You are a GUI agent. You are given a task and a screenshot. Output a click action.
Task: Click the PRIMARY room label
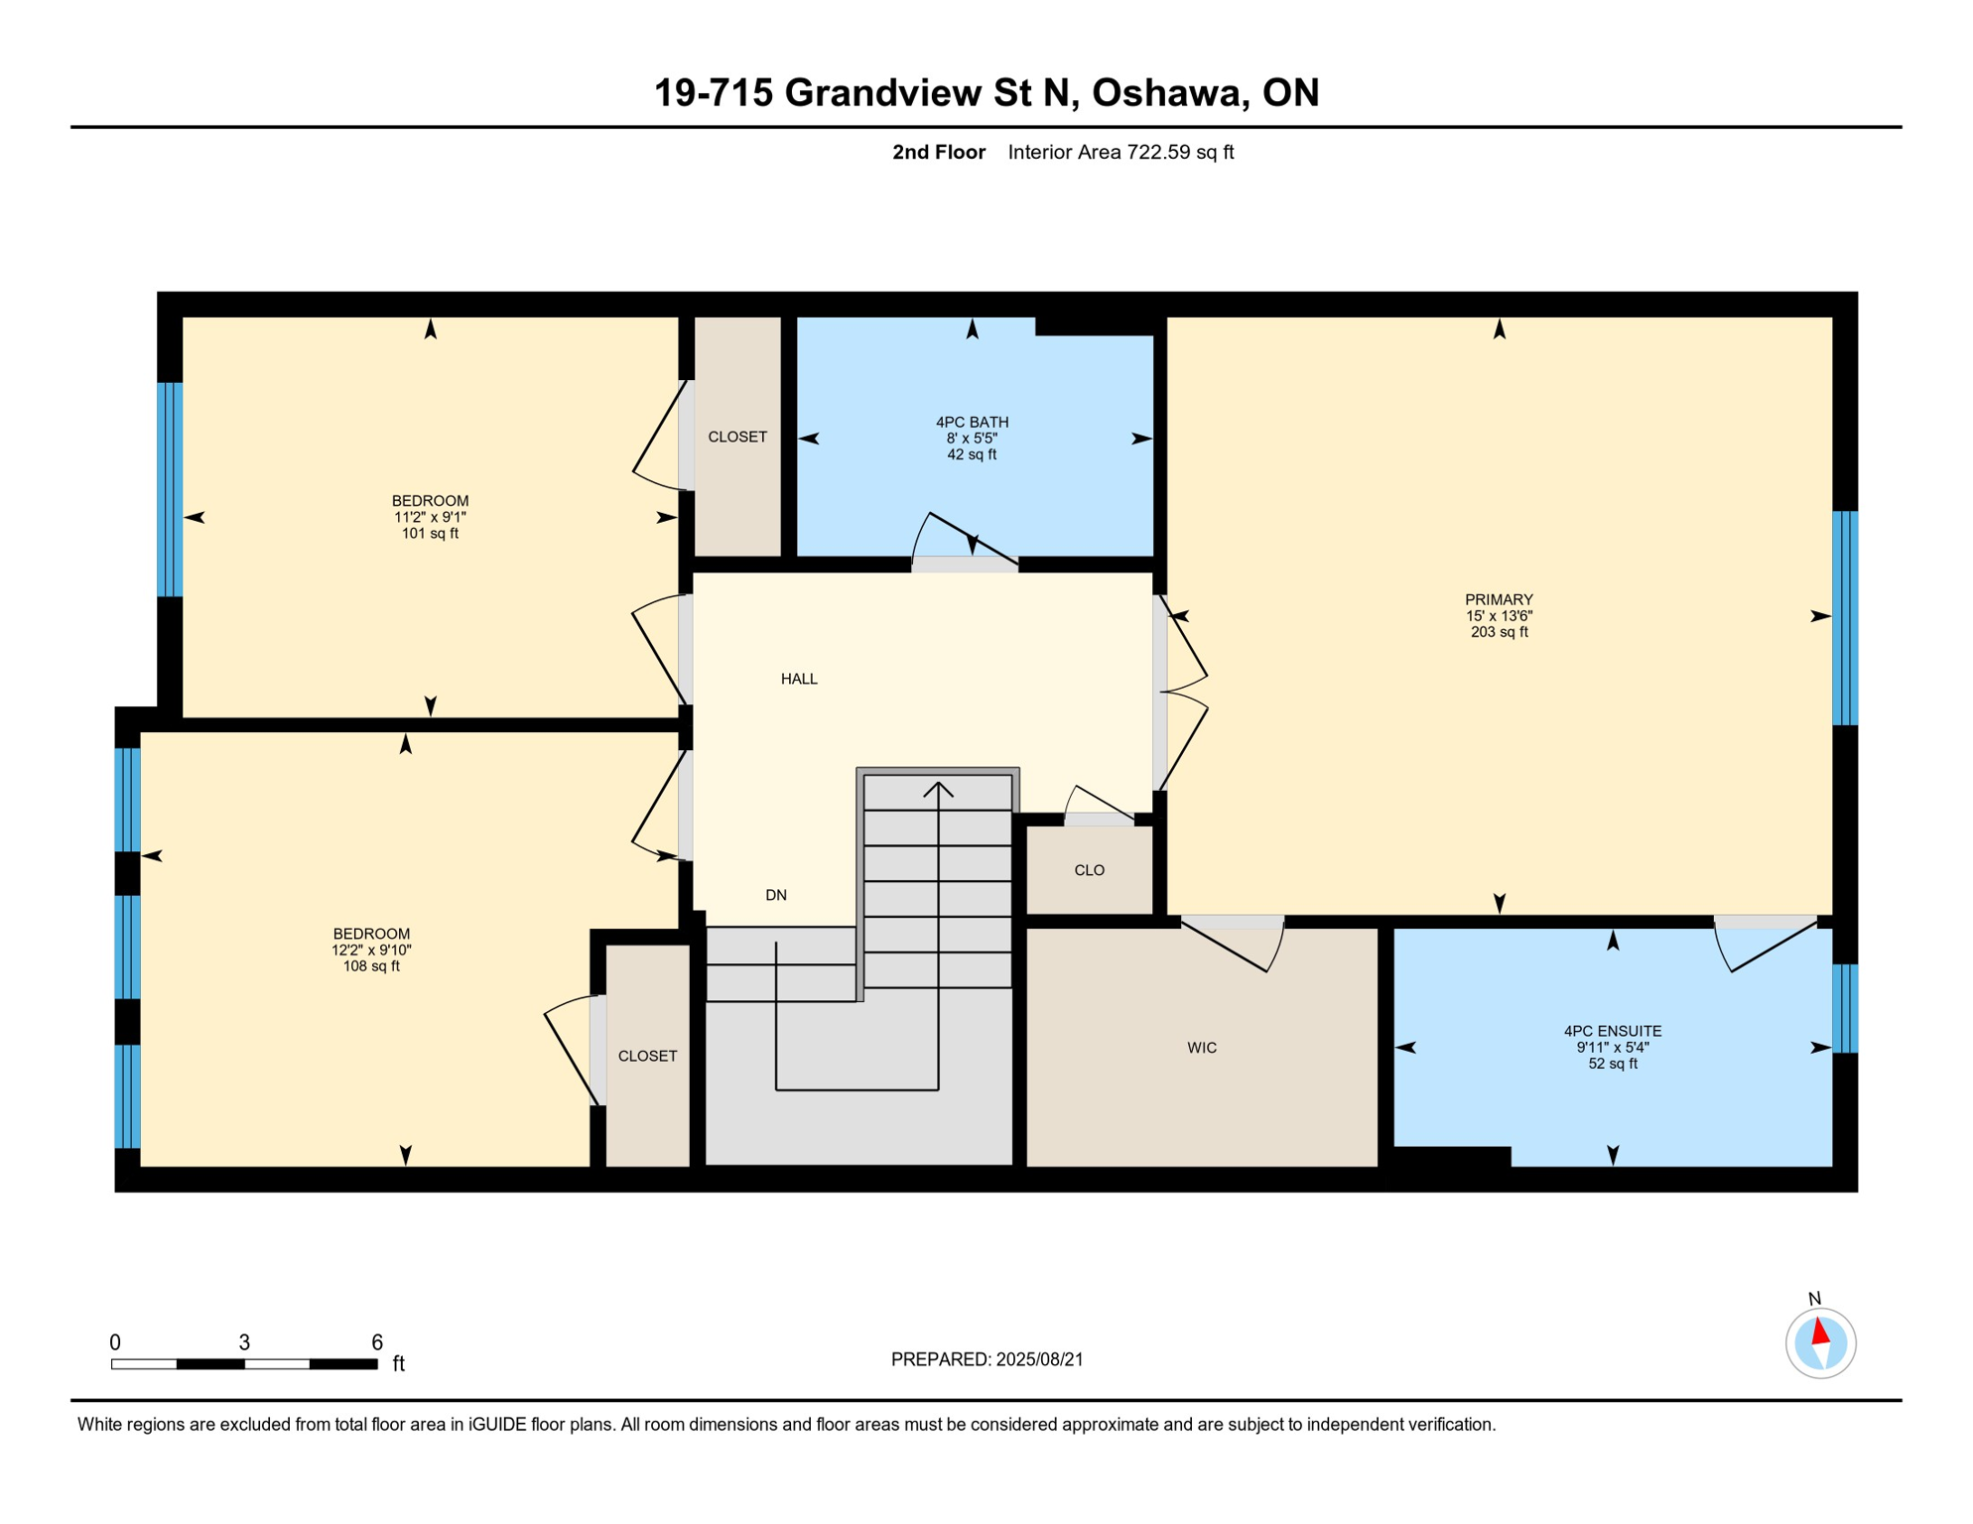pyautogui.click(x=1499, y=599)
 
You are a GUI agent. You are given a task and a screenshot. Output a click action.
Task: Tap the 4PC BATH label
pyautogui.click(x=972, y=422)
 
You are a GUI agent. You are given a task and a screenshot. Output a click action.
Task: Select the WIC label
pyautogui.click(x=1202, y=1048)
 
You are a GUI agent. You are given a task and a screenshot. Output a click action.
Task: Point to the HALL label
pyautogui.click(x=799, y=679)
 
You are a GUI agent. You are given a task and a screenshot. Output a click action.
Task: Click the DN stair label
pyautogui.click(x=776, y=895)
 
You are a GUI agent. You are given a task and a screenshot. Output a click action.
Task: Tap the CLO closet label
pyautogui.click(x=1089, y=870)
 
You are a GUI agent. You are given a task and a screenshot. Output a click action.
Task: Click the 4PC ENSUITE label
pyautogui.click(x=1613, y=1031)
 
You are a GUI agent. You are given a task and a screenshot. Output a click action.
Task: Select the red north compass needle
pyautogui.click(x=1820, y=1331)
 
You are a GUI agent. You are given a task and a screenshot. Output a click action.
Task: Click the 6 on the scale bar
pyautogui.click(x=377, y=1342)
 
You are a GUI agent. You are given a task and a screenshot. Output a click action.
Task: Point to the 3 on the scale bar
pyautogui.click(x=244, y=1342)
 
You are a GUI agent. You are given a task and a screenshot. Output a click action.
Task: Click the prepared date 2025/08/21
pyautogui.click(x=1040, y=1359)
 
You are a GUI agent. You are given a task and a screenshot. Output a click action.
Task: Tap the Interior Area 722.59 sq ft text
pyautogui.click(x=1120, y=152)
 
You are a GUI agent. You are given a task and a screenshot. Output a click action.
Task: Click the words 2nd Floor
pyautogui.click(x=939, y=152)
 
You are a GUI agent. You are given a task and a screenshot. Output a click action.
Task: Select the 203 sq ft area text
pyautogui.click(x=1499, y=632)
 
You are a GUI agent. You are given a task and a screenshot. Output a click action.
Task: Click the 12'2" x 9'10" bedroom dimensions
pyautogui.click(x=371, y=950)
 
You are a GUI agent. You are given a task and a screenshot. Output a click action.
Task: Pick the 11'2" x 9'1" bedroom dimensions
pyautogui.click(x=430, y=517)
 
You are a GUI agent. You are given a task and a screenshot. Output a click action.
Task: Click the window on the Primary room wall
pyautogui.click(x=1845, y=618)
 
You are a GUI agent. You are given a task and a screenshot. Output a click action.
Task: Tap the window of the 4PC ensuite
pyautogui.click(x=1845, y=1008)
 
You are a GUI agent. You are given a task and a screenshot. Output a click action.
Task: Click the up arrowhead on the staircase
pyautogui.click(x=938, y=790)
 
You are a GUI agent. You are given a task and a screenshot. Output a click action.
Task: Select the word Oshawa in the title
pyautogui.click(x=1169, y=92)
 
